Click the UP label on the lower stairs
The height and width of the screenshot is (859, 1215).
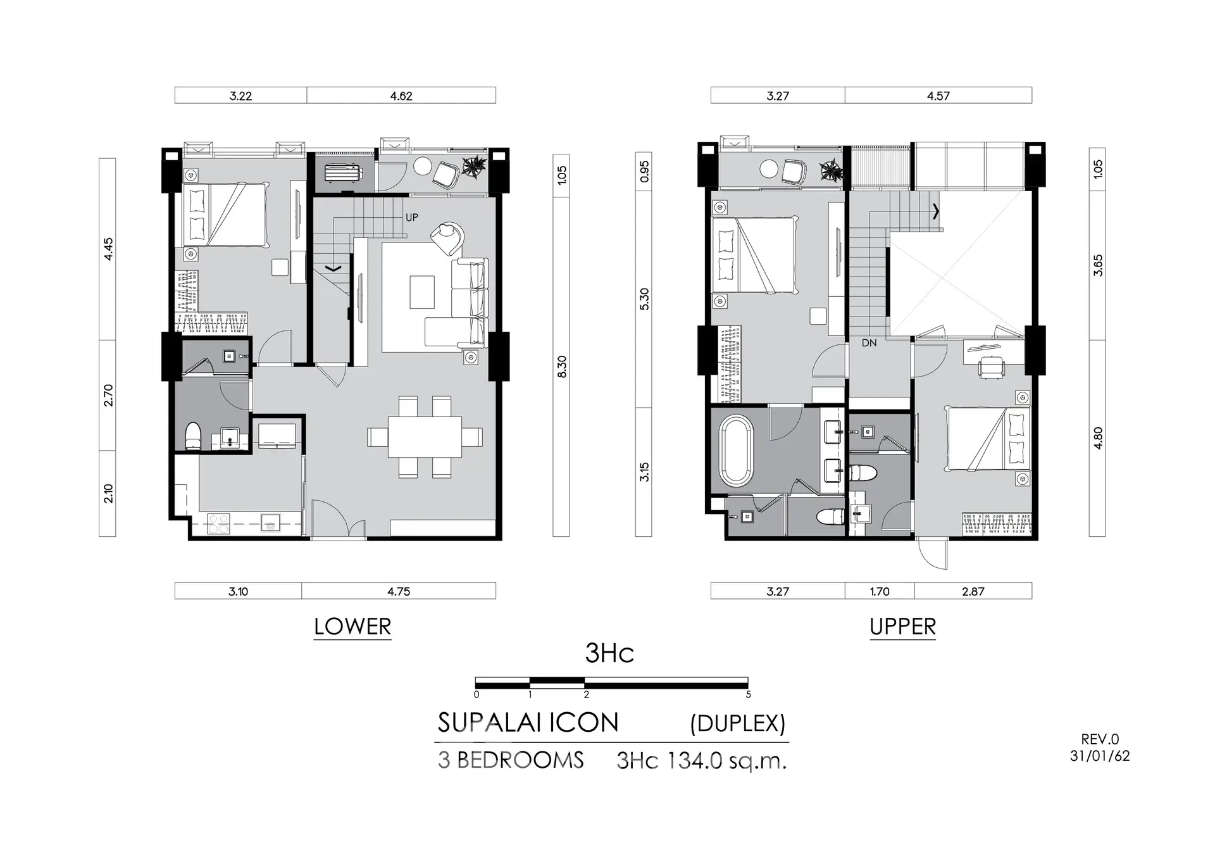[412, 218]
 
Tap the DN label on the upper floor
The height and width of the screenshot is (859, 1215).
[869, 343]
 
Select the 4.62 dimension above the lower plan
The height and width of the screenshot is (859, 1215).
[401, 96]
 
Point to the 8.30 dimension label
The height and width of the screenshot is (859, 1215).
[561, 367]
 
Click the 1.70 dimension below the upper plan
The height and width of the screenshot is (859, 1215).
[880, 592]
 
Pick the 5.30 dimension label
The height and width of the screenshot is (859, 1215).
[644, 299]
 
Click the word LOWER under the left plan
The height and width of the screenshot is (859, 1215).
[352, 627]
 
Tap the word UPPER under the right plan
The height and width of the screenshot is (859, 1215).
[902, 627]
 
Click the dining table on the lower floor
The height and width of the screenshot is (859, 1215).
[425, 437]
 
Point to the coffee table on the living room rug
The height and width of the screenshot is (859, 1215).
[422, 292]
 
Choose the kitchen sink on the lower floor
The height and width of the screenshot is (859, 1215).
[271, 524]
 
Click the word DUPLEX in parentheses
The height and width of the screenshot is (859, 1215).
[738, 724]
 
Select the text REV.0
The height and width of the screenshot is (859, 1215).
[1100, 739]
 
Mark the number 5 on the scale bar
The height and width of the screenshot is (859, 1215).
[749, 694]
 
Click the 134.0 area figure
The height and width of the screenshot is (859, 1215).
[688, 760]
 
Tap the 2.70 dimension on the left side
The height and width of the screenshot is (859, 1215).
[108, 396]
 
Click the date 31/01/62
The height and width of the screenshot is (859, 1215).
[1100, 756]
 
